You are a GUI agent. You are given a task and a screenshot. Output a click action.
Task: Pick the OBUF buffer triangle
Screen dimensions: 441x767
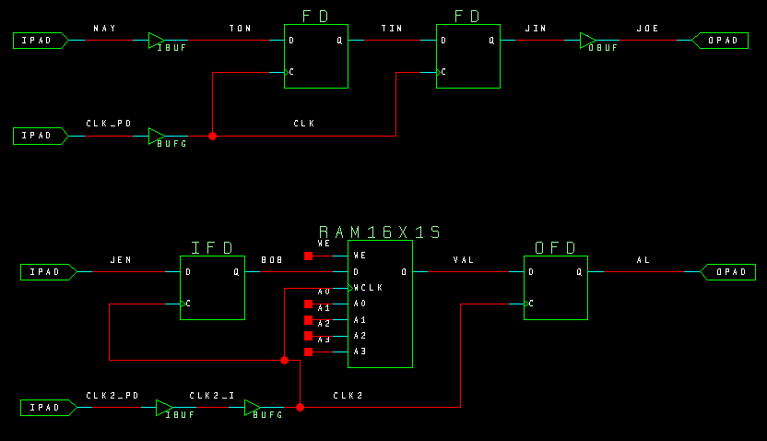click(x=587, y=41)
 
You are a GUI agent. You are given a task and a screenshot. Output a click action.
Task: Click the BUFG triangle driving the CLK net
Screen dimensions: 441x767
click(x=157, y=137)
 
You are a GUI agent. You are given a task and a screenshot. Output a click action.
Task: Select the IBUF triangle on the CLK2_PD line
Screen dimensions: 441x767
click(x=163, y=408)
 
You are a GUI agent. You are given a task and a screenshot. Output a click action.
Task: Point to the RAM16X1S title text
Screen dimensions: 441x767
click(x=380, y=232)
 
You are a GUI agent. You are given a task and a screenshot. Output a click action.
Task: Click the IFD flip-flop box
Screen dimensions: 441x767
click(x=212, y=287)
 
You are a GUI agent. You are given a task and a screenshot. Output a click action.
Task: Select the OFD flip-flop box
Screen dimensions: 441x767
click(x=556, y=287)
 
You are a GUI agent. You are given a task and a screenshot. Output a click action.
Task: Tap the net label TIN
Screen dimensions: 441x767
click(x=392, y=29)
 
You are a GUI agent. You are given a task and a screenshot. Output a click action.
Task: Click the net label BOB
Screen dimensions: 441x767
click(x=272, y=260)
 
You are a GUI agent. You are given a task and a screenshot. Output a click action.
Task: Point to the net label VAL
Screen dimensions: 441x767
click(x=463, y=260)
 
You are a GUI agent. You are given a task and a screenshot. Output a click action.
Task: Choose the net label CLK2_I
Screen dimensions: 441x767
click(x=212, y=396)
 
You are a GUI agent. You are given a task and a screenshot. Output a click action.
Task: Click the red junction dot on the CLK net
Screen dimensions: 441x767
click(x=213, y=137)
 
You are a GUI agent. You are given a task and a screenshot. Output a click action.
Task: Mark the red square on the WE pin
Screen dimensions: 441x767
click(x=308, y=256)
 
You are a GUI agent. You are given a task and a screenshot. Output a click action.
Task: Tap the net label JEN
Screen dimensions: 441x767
click(x=121, y=260)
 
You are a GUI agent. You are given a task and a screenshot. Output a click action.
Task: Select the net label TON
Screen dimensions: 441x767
click(x=240, y=29)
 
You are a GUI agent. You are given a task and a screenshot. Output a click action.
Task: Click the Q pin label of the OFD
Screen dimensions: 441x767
click(x=579, y=272)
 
